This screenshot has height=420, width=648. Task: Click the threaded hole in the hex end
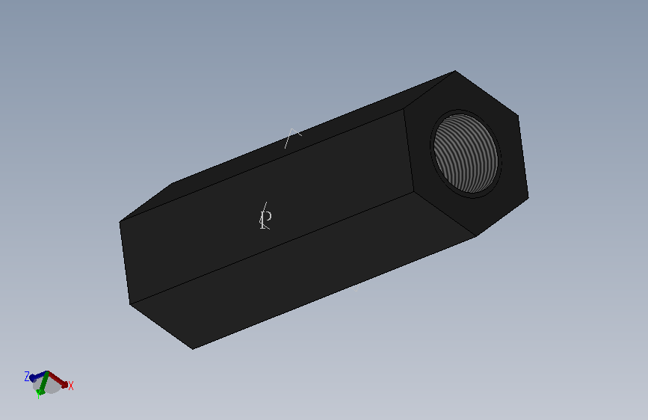[466, 154]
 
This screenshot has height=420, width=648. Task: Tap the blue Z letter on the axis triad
[27, 376]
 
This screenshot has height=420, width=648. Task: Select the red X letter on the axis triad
[70, 386]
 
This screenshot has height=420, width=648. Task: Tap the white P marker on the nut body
[265, 219]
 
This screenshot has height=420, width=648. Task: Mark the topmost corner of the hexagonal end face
[455, 71]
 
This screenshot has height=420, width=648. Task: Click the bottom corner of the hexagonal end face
[477, 236]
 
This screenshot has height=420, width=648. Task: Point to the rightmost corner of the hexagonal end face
[528, 198]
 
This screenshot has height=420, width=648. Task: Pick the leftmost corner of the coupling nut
[120, 222]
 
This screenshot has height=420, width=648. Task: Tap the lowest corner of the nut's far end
[193, 349]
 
